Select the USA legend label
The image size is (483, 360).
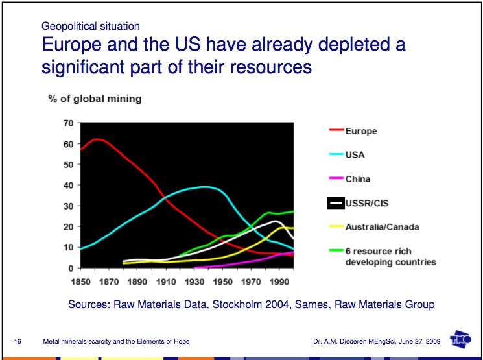(x=355, y=155)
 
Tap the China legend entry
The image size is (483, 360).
(x=357, y=179)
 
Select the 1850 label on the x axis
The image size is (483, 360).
(x=80, y=283)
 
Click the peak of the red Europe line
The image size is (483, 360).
(x=97, y=139)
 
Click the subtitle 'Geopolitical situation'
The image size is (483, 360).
(x=90, y=27)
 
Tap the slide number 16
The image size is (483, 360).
(x=18, y=341)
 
